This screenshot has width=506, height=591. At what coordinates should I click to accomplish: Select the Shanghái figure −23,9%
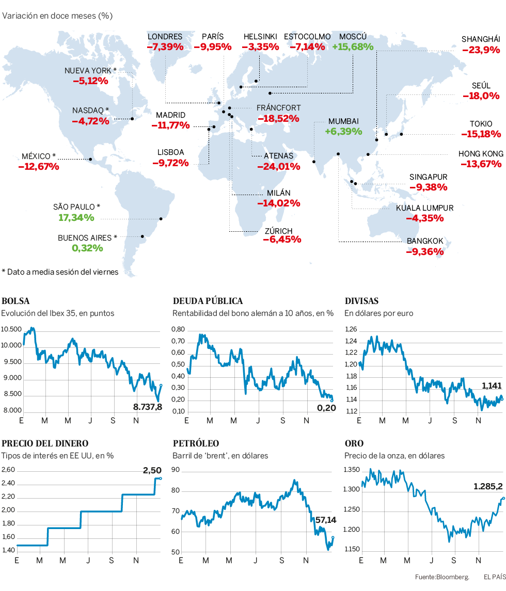click(x=481, y=50)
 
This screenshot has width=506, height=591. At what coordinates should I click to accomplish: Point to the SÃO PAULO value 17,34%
click(x=76, y=218)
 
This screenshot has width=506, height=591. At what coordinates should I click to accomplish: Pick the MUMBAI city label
click(x=343, y=121)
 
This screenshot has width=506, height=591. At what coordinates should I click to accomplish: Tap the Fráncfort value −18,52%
click(x=278, y=118)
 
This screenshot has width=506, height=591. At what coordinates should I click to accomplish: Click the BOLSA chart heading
click(x=16, y=301)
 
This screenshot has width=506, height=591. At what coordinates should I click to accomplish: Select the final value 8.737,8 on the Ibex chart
click(x=148, y=407)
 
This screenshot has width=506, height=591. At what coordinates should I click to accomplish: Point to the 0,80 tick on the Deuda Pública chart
click(x=179, y=329)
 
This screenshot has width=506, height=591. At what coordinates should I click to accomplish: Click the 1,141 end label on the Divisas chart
click(x=492, y=386)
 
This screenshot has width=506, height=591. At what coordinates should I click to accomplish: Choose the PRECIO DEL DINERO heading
click(x=45, y=443)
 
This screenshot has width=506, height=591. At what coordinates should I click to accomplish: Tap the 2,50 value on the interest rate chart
click(x=152, y=470)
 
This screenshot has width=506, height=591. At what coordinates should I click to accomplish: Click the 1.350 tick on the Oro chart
click(x=352, y=470)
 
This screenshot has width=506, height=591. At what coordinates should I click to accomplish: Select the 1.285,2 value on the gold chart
click(x=488, y=486)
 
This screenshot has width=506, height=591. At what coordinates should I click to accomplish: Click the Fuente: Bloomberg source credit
click(x=441, y=577)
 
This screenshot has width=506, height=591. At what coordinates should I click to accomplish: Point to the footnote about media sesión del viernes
click(x=60, y=271)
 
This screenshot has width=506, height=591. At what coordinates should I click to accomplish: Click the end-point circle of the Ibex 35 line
click(x=161, y=385)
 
